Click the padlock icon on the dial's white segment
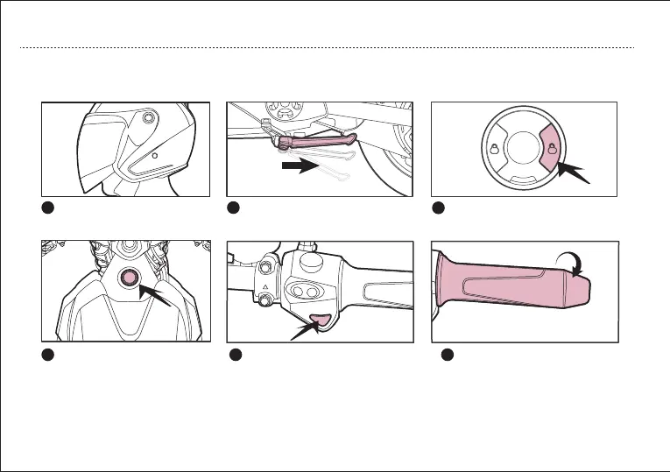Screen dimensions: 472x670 pos(495,148)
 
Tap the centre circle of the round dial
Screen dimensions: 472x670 pos(524,148)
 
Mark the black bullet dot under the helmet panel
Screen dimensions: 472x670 pos(49,208)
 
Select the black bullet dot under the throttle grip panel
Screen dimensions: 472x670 pos(446,354)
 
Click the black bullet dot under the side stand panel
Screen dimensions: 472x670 pos(234,208)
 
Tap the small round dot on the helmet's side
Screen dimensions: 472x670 pos(154,155)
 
